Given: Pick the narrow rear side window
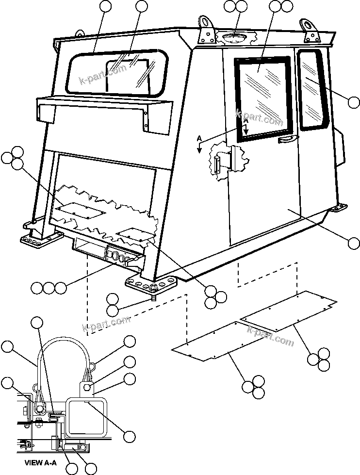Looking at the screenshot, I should (312, 90).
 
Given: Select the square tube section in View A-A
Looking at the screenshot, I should (86, 415).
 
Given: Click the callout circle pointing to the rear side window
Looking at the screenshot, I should (354, 102).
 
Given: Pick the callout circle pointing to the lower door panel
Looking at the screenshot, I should (354, 243).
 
